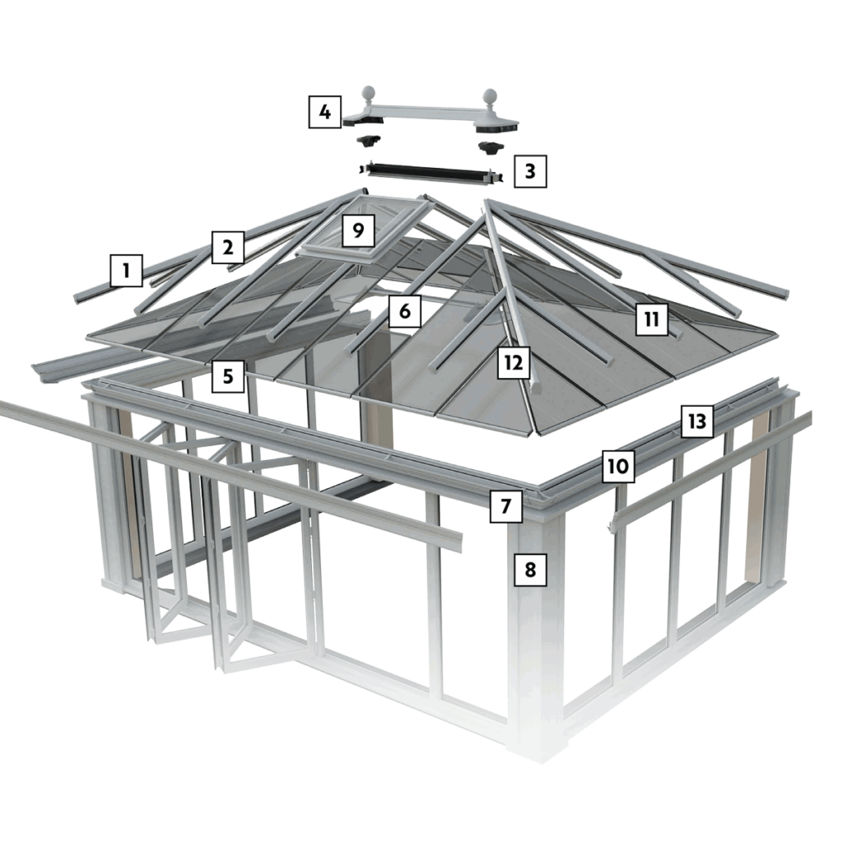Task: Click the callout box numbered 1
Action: point(126,269)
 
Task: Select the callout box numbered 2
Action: point(228,246)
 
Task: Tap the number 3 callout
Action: point(529,171)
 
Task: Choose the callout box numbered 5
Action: point(228,376)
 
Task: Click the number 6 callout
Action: point(404,311)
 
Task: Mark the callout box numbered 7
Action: point(505,506)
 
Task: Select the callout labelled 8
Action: point(530,569)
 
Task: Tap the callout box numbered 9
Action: point(357,230)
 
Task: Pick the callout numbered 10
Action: point(618,467)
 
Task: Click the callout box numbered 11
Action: point(651,319)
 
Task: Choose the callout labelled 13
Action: point(696,421)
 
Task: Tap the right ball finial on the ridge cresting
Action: point(491,97)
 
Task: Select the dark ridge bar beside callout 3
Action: point(431,173)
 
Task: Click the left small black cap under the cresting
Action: point(370,140)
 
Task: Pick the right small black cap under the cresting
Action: point(491,147)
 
